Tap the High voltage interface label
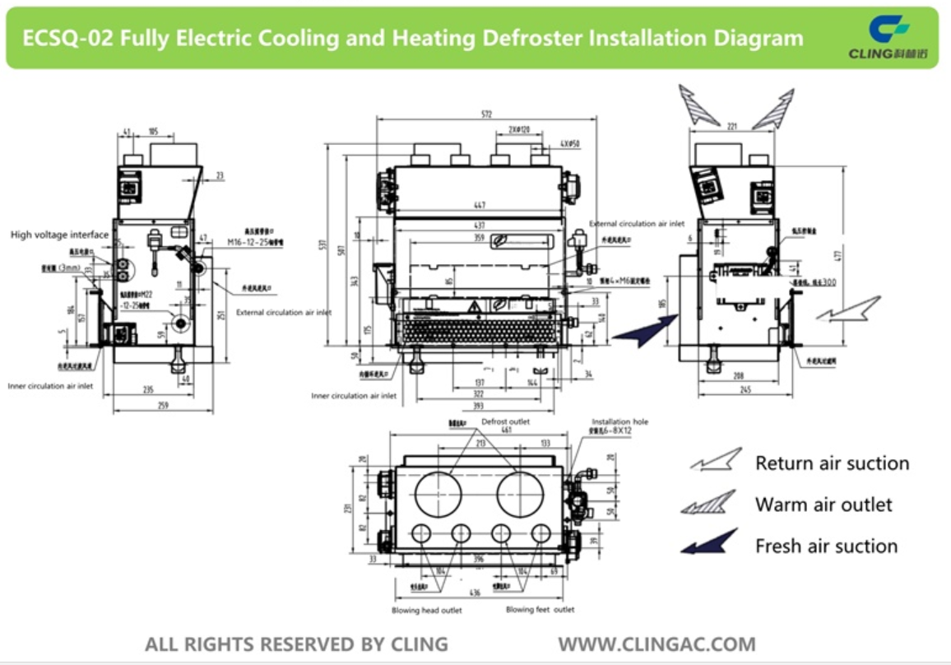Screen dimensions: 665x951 tap(59, 235)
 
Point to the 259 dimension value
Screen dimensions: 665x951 tap(165, 406)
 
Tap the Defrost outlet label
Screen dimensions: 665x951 tap(505, 421)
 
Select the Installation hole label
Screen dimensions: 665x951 tap(619, 421)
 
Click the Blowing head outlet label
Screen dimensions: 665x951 tap(426, 610)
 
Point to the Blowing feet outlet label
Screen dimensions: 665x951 tap(540, 610)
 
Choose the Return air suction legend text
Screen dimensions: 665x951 tap(832, 463)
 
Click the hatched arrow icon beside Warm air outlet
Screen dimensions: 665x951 tap(708, 503)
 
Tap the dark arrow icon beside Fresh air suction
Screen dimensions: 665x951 tap(708, 542)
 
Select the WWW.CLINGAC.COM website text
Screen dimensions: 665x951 tap(656, 644)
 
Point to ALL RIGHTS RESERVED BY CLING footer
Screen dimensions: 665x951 tap(296, 644)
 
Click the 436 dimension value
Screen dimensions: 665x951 tap(475, 593)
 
